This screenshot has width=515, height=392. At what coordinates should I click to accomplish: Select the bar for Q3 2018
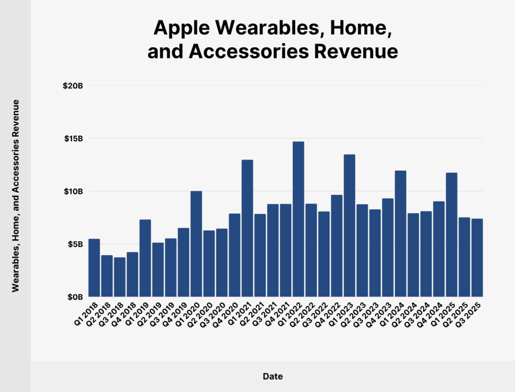[120, 277]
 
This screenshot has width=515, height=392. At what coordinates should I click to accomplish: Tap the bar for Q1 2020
[196, 244]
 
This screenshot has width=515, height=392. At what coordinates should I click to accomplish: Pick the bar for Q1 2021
[247, 228]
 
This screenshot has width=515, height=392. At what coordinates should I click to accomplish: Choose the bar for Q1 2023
[349, 226]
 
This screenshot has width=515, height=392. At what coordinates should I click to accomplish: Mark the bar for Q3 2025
[477, 258]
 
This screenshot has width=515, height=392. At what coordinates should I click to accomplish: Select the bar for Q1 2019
[145, 258]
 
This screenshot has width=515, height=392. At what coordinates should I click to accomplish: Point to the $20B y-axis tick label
[73, 86]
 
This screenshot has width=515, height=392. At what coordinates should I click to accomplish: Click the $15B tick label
[73, 139]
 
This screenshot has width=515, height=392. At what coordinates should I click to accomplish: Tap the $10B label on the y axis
[73, 191]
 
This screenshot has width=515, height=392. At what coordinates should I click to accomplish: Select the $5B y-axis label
[75, 244]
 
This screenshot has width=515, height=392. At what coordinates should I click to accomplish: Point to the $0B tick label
[75, 296]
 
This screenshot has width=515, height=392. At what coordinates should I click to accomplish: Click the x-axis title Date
[273, 376]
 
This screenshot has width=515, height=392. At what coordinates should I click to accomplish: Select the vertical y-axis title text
[16, 195]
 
